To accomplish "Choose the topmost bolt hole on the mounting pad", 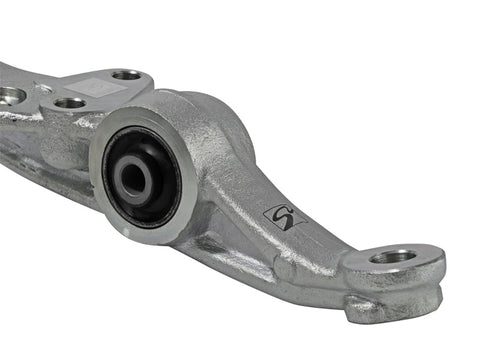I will click(x=126, y=75).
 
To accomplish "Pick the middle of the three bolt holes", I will click(x=69, y=102).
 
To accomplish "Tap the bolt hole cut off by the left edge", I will click(x=8, y=96).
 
